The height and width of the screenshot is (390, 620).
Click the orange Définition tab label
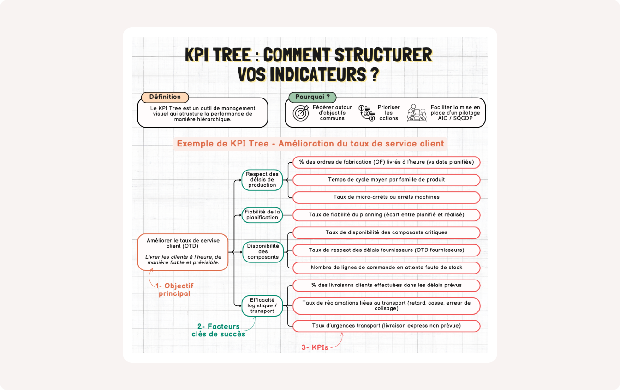click(165, 97)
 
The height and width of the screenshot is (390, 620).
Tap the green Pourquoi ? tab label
click(312, 97)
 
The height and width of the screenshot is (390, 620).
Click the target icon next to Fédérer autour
click(301, 113)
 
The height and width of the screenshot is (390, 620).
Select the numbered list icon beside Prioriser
click(367, 113)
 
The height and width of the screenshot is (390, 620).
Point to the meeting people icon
click(417, 113)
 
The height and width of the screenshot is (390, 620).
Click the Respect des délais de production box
click(262, 180)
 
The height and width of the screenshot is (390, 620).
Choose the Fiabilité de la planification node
click(262, 215)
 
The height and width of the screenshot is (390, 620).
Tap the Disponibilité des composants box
click(263, 252)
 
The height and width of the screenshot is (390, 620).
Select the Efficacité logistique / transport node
click(262, 306)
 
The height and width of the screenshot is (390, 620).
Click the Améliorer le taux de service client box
click(183, 252)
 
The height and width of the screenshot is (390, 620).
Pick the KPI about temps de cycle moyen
click(387, 180)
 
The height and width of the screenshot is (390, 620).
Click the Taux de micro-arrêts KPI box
click(387, 197)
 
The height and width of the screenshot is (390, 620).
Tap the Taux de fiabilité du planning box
click(387, 215)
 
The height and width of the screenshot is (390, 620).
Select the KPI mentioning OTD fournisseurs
click(387, 250)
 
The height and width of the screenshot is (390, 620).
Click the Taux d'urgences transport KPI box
click(387, 326)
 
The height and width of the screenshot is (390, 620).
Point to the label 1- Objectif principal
click(174, 290)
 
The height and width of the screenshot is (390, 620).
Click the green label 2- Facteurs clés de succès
click(218, 330)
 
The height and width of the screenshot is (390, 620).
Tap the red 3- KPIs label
click(315, 347)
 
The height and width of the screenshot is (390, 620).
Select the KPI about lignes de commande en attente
click(387, 268)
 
